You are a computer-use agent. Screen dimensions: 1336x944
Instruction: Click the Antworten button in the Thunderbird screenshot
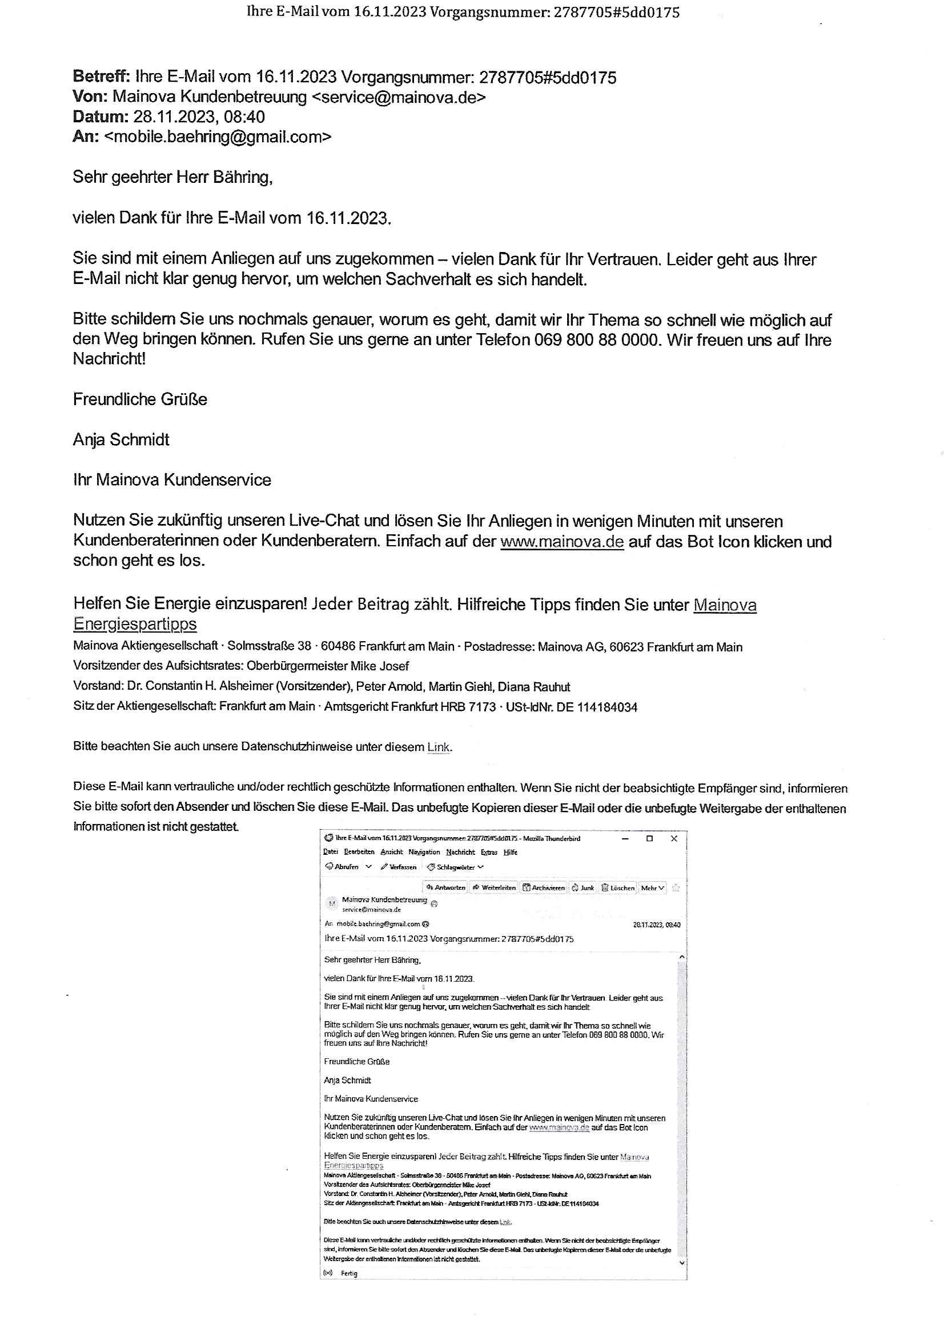[x=445, y=887]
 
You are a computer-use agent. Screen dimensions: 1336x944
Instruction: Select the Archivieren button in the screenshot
[x=543, y=887]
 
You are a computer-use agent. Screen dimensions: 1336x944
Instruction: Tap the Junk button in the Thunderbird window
[x=583, y=887]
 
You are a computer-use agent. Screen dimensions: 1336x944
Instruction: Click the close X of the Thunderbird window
[x=674, y=838]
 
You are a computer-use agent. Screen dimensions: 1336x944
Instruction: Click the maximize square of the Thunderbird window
[x=650, y=838]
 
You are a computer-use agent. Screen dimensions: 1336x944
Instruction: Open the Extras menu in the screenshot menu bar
[x=489, y=852]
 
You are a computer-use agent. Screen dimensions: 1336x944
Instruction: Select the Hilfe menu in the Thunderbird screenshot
[x=511, y=852]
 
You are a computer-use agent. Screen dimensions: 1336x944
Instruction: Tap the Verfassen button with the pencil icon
[x=399, y=867]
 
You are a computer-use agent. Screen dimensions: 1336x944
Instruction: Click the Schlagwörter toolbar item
[x=455, y=867]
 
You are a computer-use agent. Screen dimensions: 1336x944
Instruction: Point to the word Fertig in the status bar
[x=349, y=1273]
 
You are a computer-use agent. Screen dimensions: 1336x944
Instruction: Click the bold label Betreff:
[x=101, y=77]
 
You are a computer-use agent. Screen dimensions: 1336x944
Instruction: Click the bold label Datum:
[x=100, y=117]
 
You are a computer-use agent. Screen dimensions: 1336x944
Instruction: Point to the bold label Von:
[x=90, y=97]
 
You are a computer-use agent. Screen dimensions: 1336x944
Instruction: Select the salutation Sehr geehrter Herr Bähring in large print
[x=172, y=177]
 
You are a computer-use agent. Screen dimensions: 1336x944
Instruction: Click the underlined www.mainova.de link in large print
[x=562, y=542]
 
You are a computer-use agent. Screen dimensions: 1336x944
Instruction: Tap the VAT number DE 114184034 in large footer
[x=597, y=707]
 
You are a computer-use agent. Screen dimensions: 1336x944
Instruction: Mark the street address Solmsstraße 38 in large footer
[x=269, y=646]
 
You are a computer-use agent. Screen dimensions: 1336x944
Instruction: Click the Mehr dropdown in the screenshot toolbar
[x=652, y=887]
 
